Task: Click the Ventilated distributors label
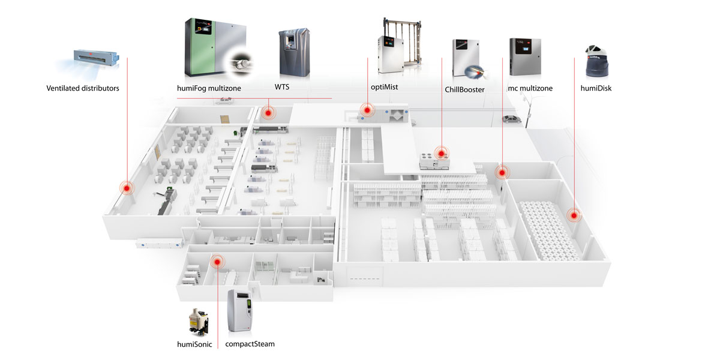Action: pos(83,88)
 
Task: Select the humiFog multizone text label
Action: pos(208,88)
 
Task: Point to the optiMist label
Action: pos(385,88)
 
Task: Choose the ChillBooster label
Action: pos(464,90)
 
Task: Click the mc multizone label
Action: pos(530,88)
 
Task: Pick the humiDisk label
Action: pos(596,88)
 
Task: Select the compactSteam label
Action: pos(250,344)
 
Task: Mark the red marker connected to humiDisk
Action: pos(574,215)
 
